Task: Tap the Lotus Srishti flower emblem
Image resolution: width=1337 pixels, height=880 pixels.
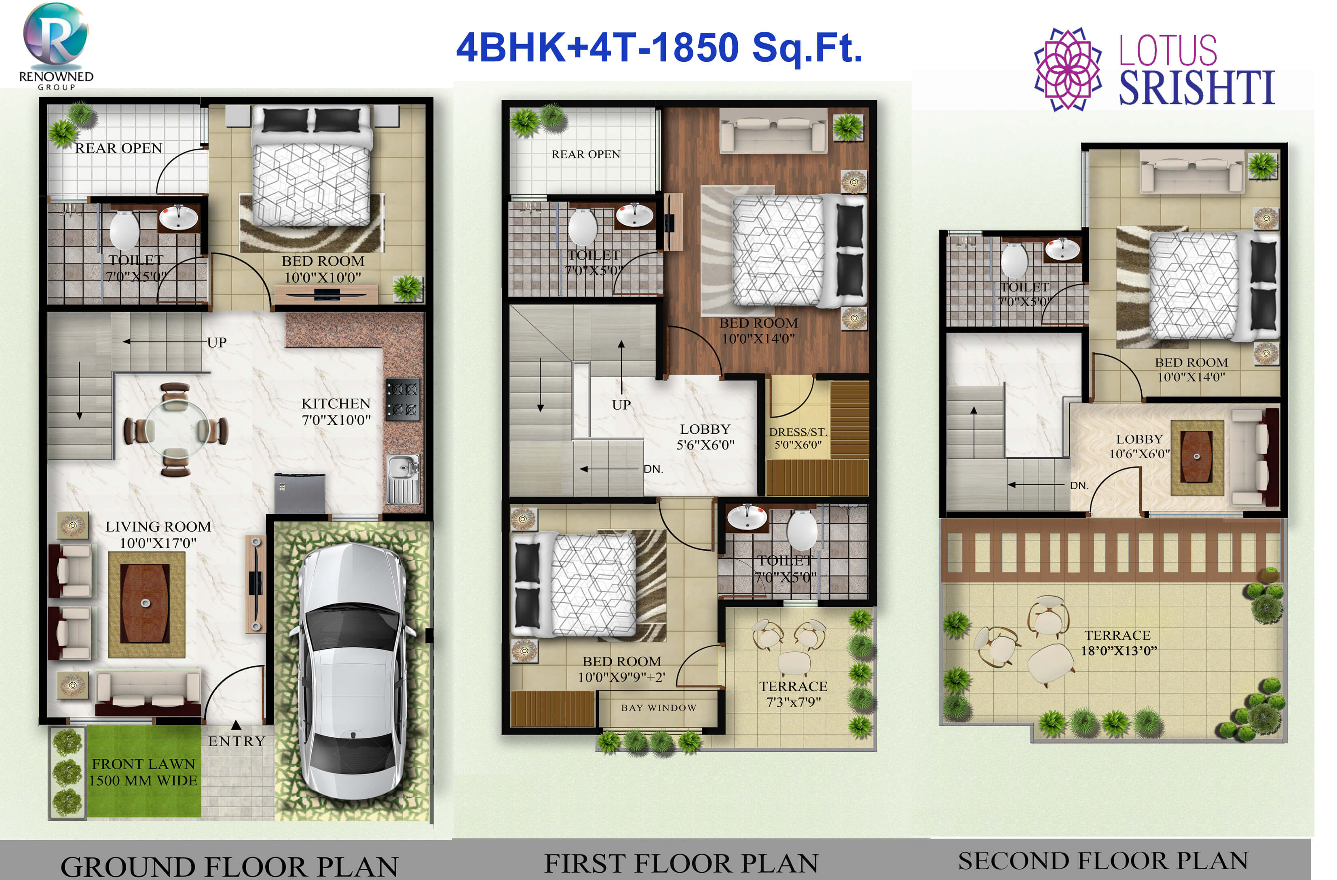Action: (1067, 68)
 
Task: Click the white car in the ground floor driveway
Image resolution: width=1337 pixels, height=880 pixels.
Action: (352, 671)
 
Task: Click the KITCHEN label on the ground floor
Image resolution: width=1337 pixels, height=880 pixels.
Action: (336, 404)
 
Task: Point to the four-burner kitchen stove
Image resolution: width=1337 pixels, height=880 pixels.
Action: (402, 399)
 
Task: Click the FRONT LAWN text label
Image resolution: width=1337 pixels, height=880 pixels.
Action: (143, 764)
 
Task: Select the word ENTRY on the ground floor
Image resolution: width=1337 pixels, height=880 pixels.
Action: (237, 741)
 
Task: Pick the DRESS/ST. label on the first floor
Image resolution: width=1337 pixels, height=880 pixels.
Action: (798, 432)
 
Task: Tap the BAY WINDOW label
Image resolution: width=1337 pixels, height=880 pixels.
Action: (658, 707)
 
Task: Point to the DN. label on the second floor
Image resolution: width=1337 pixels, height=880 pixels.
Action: (1079, 485)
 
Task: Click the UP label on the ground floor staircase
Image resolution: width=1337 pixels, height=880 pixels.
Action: (217, 342)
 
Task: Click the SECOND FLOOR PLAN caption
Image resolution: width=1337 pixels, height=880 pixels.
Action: (1103, 861)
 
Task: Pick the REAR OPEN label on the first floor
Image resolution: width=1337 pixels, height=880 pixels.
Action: (585, 154)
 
